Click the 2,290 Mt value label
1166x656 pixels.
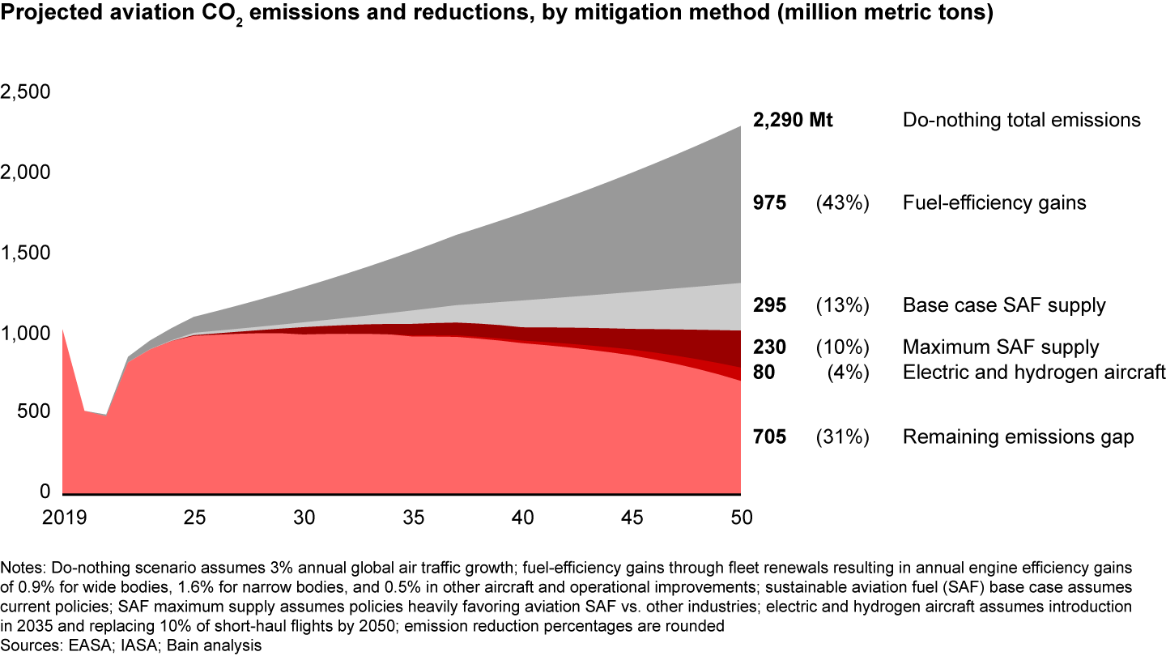[x=793, y=121]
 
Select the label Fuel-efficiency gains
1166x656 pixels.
[x=994, y=203]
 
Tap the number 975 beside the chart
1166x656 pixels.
[x=769, y=203]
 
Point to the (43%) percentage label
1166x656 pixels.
[x=842, y=203]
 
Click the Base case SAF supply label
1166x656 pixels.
[x=1004, y=306]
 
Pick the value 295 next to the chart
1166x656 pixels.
[x=769, y=306]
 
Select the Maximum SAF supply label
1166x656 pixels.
[x=1001, y=348]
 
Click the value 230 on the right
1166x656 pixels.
[x=769, y=348]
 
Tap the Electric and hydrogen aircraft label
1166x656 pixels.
[x=1034, y=373]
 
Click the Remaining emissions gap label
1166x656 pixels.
[x=1018, y=437]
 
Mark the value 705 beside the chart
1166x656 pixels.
[x=769, y=437]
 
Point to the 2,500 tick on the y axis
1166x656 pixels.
[x=26, y=92]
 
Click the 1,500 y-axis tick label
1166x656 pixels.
[x=26, y=253]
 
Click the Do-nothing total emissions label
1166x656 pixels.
[x=1022, y=121]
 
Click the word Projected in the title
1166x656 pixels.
[x=49, y=15]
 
